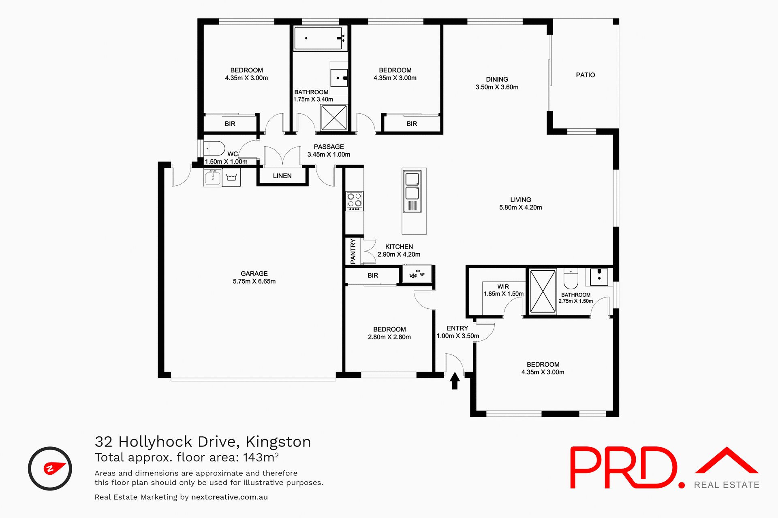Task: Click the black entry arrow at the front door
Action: [x=455, y=381]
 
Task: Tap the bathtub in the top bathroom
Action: [x=318, y=38]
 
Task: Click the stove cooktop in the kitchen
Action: [x=355, y=201]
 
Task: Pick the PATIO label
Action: [x=585, y=75]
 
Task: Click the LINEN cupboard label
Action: [x=282, y=176]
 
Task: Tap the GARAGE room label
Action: [x=254, y=274]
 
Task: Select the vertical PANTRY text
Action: [x=353, y=251]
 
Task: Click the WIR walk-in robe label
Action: [x=503, y=287]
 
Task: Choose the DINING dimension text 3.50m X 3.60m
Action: [x=497, y=87]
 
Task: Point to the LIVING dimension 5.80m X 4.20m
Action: [x=520, y=207]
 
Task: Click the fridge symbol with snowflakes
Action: [x=417, y=274]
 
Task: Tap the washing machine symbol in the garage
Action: [x=231, y=177]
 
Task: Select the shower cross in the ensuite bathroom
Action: [x=543, y=291]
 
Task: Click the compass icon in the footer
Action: [x=50, y=468]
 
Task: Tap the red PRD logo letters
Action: [x=624, y=467]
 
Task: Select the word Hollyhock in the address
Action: [x=155, y=442]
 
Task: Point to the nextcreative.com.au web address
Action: [x=229, y=497]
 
